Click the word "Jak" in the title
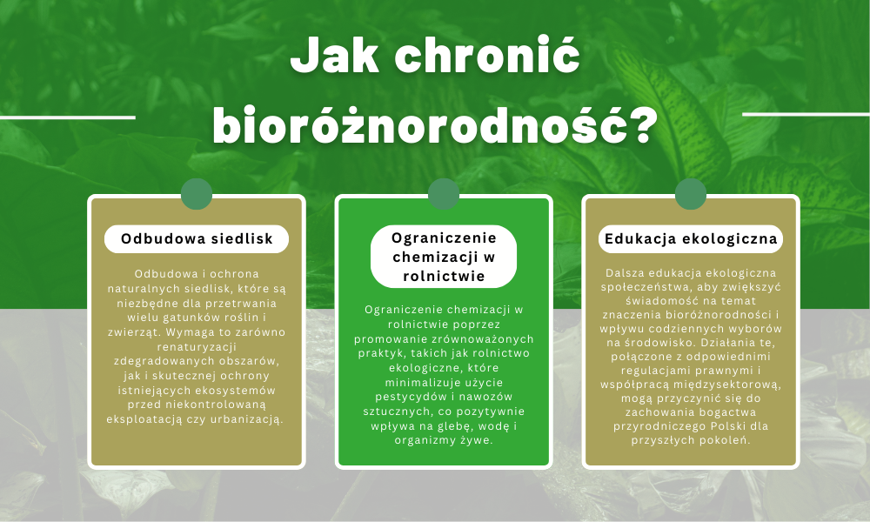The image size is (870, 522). (x=335, y=56)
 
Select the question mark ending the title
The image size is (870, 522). (x=643, y=124)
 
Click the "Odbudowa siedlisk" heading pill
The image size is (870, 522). (x=197, y=239)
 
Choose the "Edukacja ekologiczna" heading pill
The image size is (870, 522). (x=691, y=239)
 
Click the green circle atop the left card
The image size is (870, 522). (x=197, y=194)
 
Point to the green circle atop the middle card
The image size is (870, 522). (x=444, y=194)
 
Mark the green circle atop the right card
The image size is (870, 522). (x=691, y=194)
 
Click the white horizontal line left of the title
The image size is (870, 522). (x=68, y=117)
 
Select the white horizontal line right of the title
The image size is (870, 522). (x=806, y=115)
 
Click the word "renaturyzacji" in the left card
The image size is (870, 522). (x=197, y=347)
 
